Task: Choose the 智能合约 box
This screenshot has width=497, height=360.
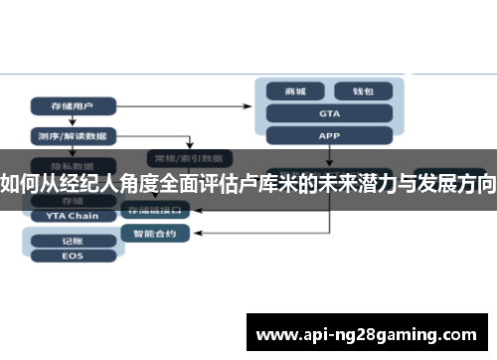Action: (148, 234)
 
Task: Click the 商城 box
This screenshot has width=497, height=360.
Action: (295, 90)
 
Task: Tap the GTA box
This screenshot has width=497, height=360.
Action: (329, 113)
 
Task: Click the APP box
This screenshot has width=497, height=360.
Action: (329, 135)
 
